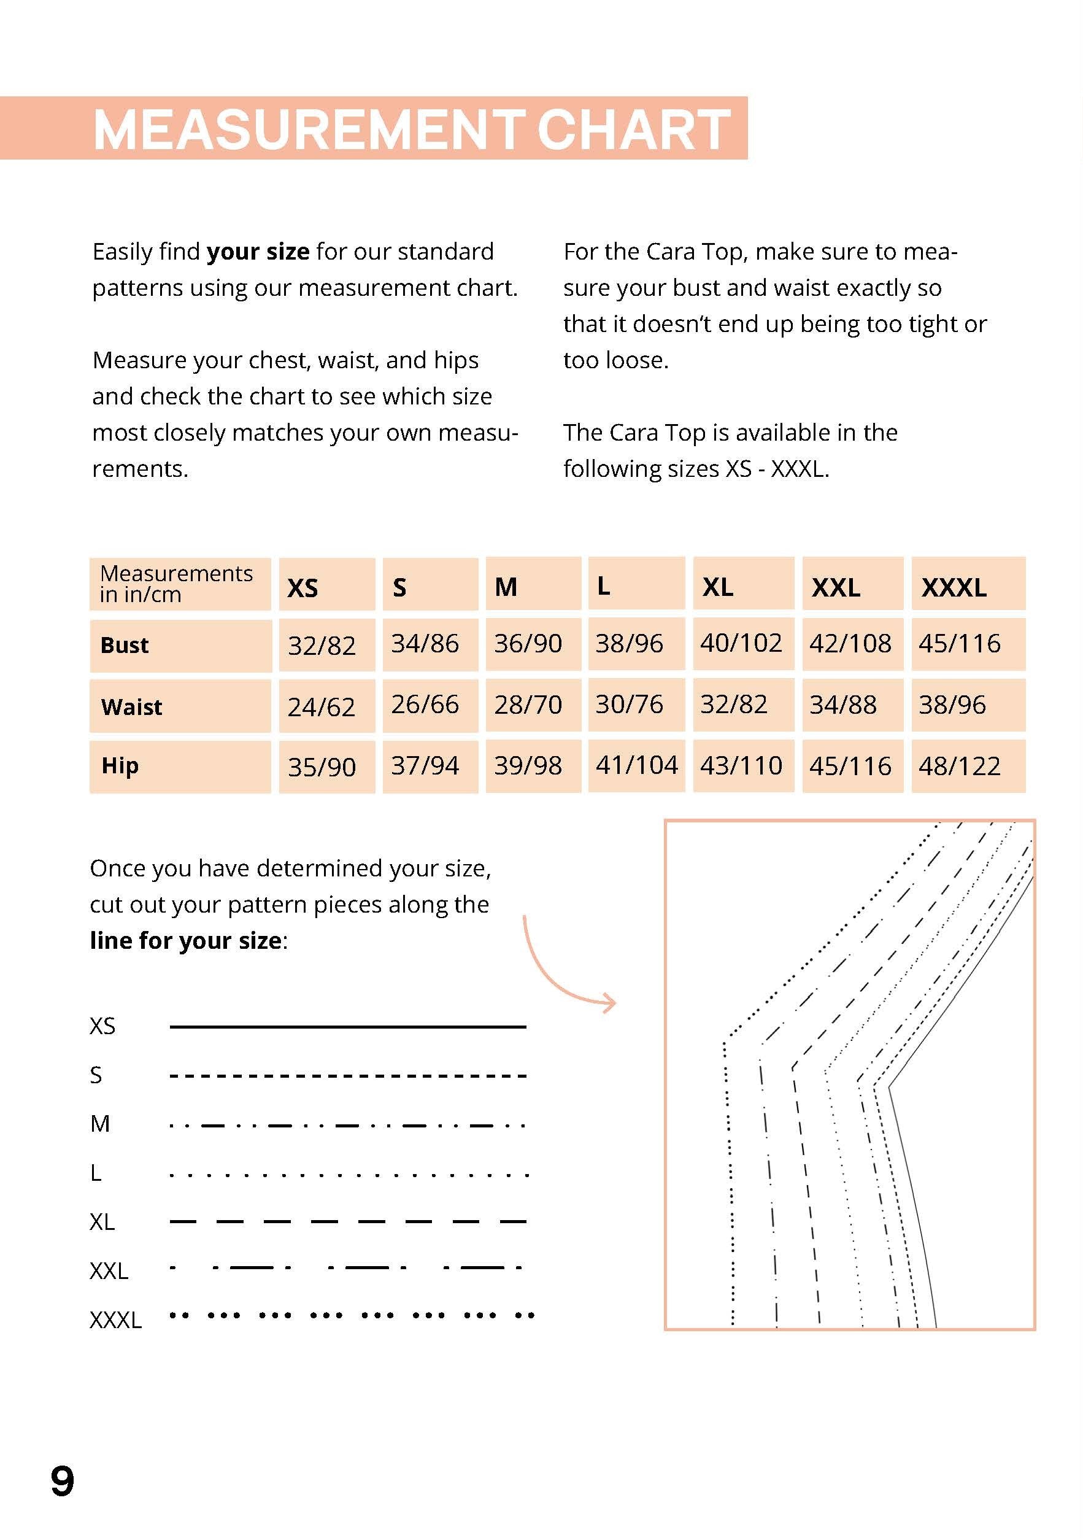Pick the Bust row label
[x=125, y=645]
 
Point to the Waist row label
[x=131, y=706]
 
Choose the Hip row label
[x=120, y=766]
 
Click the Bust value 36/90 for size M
[x=528, y=644]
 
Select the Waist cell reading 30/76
[x=629, y=705]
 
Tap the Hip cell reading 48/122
[x=959, y=767]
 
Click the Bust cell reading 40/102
[x=741, y=644]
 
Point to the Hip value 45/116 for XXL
[x=850, y=767]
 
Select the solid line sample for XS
[x=348, y=1026]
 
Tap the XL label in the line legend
[x=102, y=1222]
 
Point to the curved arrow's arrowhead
[x=609, y=1003]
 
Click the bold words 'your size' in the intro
[x=258, y=252]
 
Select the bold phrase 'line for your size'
[x=185, y=940]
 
